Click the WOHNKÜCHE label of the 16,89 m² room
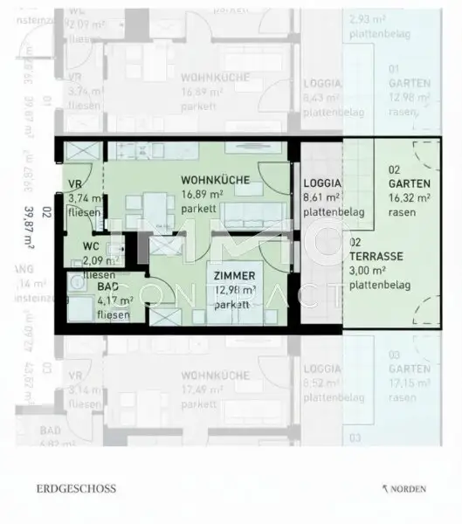pyautogui.click(x=215, y=181)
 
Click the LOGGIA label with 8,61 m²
pyautogui.click(x=322, y=184)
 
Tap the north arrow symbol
pyautogui.click(x=384, y=489)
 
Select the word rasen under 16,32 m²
pyautogui.click(x=401, y=211)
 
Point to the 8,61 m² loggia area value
pyautogui.click(x=321, y=198)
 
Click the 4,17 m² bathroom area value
pyautogui.click(x=115, y=300)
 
